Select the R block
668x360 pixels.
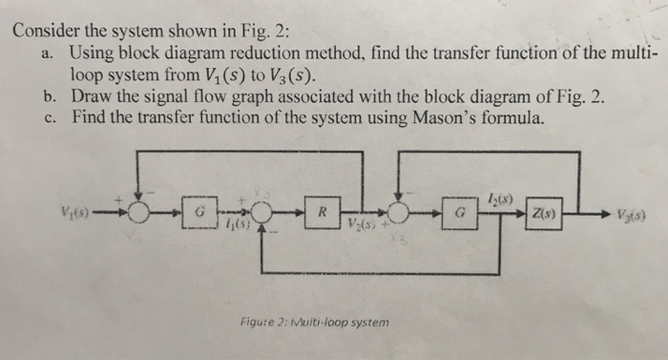(x=324, y=210)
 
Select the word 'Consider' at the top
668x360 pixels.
(x=49, y=29)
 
